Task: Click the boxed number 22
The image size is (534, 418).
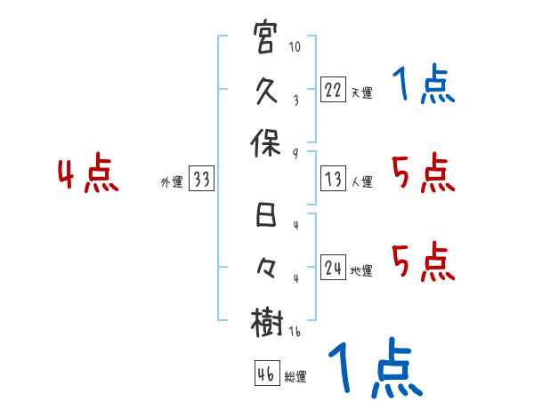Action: pyautogui.click(x=333, y=91)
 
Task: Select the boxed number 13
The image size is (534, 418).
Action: pyautogui.click(x=333, y=180)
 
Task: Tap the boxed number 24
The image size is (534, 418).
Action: pyautogui.click(x=333, y=269)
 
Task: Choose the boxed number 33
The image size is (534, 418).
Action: pyautogui.click(x=201, y=180)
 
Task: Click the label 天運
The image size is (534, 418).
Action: pyautogui.click(x=361, y=92)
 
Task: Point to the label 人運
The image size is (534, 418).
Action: pyautogui.click(x=361, y=181)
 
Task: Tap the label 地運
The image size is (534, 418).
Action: pyautogui.click(x=361, y=270)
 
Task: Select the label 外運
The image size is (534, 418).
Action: pyautogui.click(x=171, y=181)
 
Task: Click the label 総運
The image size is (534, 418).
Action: pyautogui.click(x=295, y=376)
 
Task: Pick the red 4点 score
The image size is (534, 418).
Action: pyautogui.click(x=89, y=174)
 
